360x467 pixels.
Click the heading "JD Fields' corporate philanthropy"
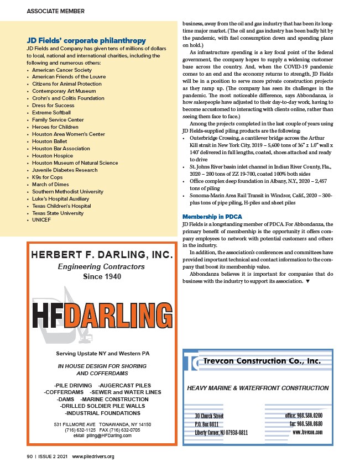point(86,40)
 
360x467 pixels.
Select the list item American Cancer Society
point(62,70)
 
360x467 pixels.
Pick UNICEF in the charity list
point(42,220)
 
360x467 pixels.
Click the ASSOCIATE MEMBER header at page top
point(55,11)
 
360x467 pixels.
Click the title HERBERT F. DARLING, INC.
point(102,255)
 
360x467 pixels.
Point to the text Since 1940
point(102,277)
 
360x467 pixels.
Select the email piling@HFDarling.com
point(102,435)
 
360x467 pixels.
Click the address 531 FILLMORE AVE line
point(102,424)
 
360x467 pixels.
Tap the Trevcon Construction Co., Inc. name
point(262,361)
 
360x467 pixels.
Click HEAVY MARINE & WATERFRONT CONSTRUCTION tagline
point(258,388)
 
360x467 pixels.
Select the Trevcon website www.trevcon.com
point(307,432)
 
